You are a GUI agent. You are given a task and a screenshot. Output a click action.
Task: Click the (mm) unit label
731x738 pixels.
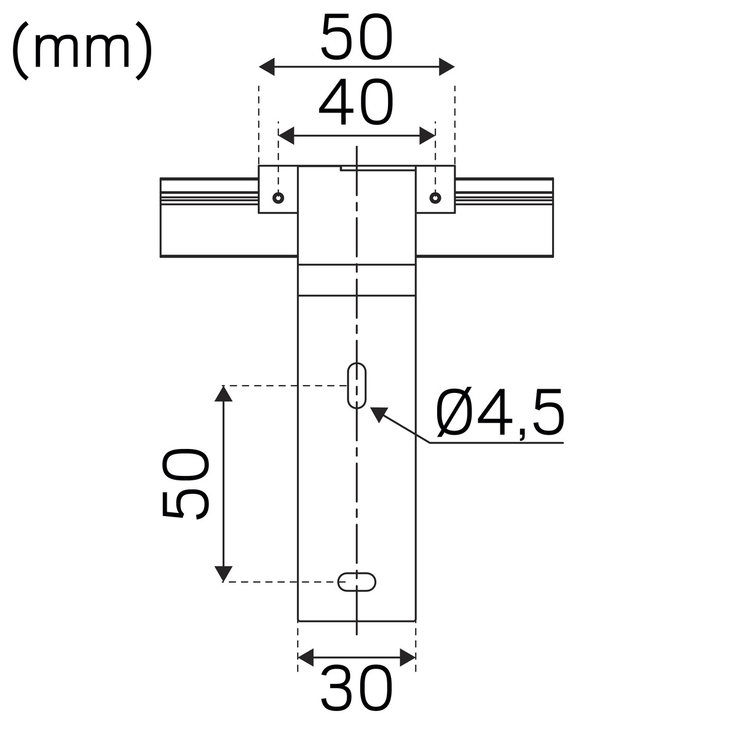(x=82, y=51)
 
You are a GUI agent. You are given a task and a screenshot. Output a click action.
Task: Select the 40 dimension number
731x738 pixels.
(x=356, y=102)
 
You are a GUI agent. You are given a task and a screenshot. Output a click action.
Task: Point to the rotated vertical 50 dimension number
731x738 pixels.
(x=186, y=484)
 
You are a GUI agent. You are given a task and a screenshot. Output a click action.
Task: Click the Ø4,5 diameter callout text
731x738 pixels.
(x=500, y=413)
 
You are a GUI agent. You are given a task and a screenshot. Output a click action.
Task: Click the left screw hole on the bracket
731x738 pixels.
(x=278, y=197)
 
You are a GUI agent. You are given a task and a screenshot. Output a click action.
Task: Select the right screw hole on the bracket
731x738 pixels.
(x=435, y=197)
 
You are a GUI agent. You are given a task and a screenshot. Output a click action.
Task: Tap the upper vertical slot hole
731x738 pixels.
(x=357, y=385)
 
